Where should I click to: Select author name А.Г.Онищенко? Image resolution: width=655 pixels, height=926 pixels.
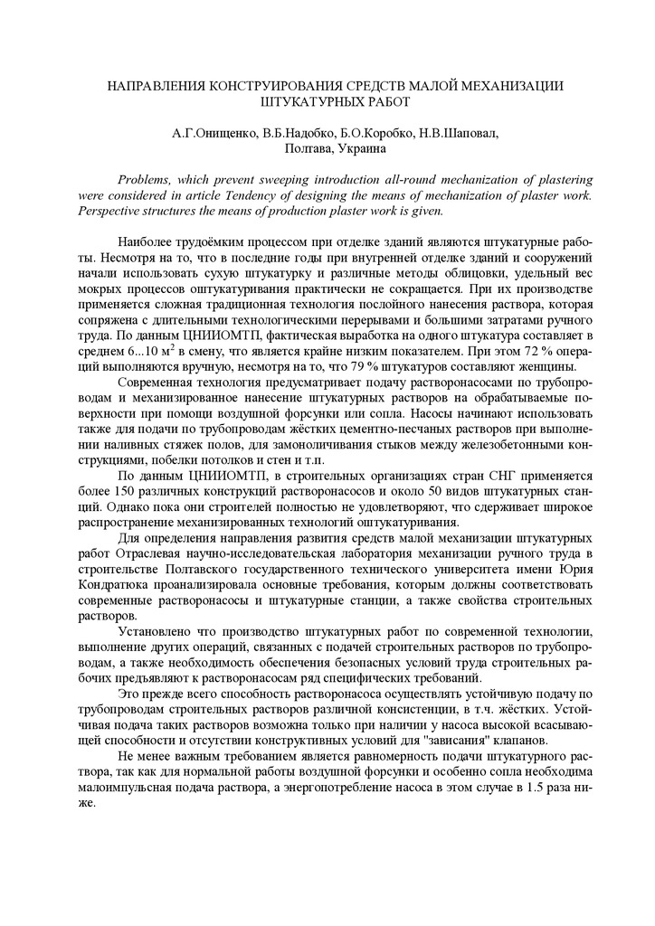214,133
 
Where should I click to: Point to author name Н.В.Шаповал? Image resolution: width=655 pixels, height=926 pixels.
459,133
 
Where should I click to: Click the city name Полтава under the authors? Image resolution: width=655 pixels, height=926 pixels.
308,148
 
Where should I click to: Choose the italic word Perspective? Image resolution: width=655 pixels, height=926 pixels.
113,211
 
